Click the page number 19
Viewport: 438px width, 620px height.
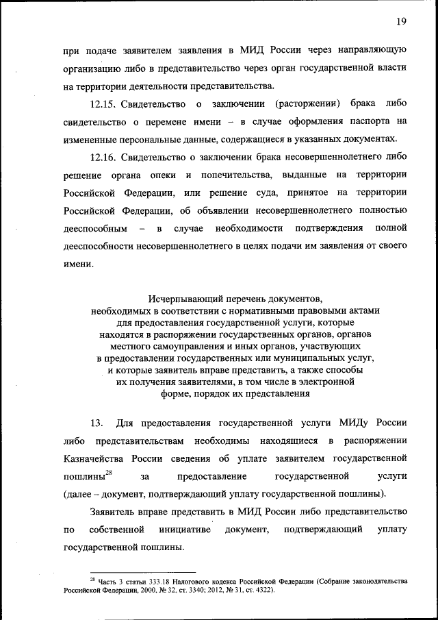tap(401, 21)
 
